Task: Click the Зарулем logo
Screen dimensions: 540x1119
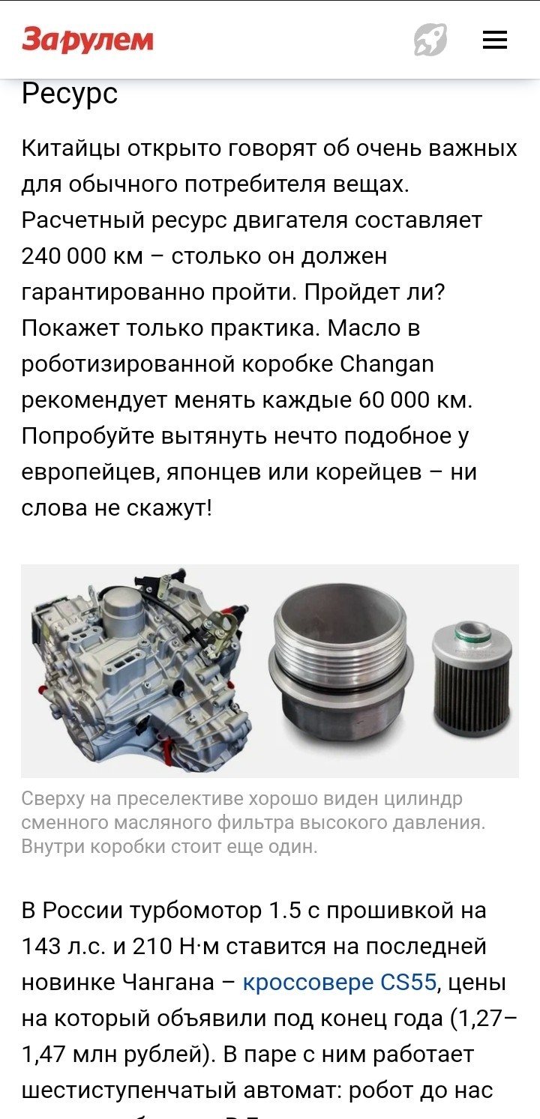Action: click(x=88, y=40)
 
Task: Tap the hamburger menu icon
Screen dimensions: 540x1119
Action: click(x=495, y=40)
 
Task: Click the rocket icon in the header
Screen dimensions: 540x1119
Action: click(x=430, y=40)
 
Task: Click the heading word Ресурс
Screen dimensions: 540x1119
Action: click(x=70, y=94)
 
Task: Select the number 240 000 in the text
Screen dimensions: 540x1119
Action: click(x=64, y=256)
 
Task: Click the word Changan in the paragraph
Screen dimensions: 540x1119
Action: click(x=387, y=364)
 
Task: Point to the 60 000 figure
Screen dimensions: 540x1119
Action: click(x=394, y=400)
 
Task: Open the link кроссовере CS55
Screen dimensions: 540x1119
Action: click(x=340, y=982)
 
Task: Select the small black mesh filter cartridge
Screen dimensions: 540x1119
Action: click(x=472, y=678)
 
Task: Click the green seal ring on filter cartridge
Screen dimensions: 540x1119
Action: click(x=472, y=633)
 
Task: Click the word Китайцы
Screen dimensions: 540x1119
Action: click(x=71, y=149)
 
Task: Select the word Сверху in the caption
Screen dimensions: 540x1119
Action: click(x=53, y=799)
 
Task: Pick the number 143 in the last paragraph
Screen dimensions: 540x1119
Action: click(x=41, y=946)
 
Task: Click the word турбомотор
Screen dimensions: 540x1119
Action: click(x=196, y=911)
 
